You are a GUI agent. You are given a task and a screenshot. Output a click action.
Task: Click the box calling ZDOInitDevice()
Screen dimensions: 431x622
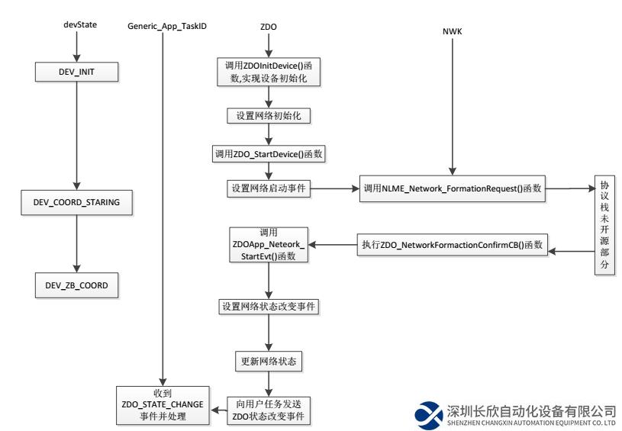[x=269, y=72]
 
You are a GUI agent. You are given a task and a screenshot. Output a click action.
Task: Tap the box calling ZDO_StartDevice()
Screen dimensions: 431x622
[x=269, y=153]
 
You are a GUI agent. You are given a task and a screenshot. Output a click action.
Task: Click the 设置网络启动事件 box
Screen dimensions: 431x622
[x=269, y=188]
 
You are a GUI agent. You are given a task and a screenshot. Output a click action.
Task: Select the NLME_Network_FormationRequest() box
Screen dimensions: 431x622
[x=453, y=188]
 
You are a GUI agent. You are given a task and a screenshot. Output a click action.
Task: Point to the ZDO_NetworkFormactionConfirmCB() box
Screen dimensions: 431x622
[x=453, y=246]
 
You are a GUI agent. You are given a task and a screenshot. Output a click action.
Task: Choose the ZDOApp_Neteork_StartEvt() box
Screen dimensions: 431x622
[x=269, y=245]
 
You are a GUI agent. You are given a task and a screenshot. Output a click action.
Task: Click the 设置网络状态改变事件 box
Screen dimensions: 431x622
[x=269, y=307]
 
